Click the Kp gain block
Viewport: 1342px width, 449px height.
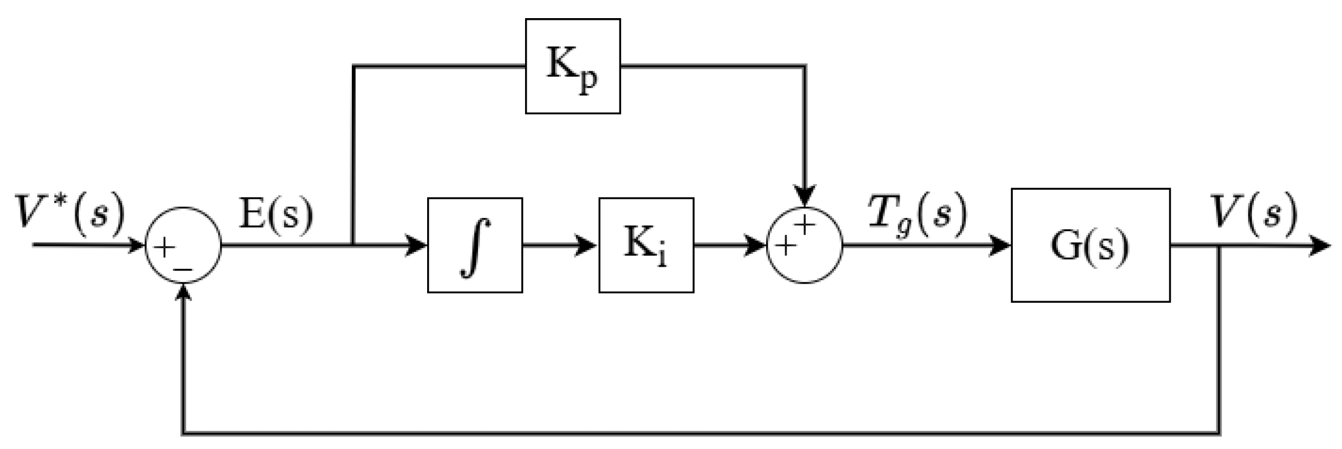click(x=573, y=66)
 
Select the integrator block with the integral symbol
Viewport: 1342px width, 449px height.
click(x=475, y=245)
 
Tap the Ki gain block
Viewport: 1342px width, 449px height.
click(x=646, y=245)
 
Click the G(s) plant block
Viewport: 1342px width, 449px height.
click(x=1090, y=245)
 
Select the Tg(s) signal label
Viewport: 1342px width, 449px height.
click(x=918, y=216)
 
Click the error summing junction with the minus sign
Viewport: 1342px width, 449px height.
click(x=183, y=245)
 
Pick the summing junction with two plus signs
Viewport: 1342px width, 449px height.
click(x=805, y=245)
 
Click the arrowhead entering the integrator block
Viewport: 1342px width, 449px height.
click(x=418, y=245)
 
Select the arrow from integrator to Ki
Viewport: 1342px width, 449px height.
click(x=560, y=245)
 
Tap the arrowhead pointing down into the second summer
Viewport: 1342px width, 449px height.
click(x=805, y=196)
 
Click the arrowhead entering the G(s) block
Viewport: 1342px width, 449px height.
click(x=1001, y=245)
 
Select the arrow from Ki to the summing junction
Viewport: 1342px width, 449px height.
click(x=730, y=245)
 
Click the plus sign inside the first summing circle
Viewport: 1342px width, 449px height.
click(x=164, y=248)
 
